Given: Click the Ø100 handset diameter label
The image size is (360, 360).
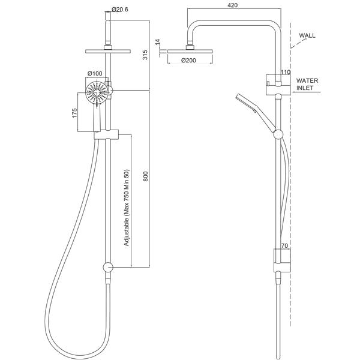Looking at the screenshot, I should [x=95, y=74].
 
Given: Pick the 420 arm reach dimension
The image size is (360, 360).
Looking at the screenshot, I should [x=235, y=6].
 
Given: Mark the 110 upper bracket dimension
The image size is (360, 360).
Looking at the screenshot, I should [x=286, y=72].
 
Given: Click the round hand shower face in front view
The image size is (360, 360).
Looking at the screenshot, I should [x=96, y=95].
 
